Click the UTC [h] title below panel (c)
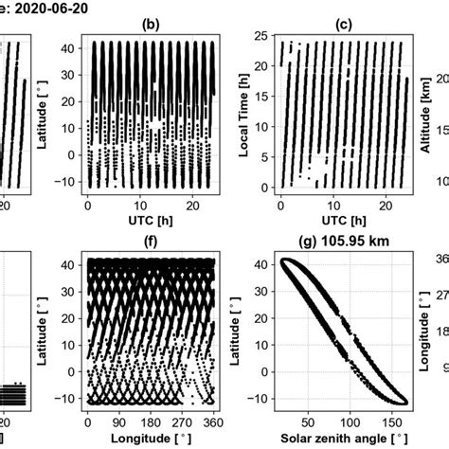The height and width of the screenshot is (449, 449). (346, 221)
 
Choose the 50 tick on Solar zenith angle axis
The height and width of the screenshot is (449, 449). (309, 422)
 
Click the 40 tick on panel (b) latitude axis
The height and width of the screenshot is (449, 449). (75, 46)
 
